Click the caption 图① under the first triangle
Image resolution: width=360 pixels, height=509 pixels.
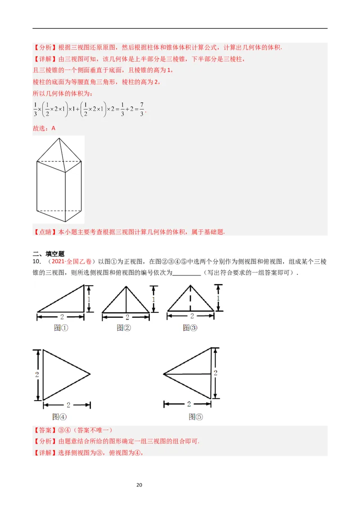pos(61,328)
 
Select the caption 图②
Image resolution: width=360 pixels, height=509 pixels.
pos(123,328)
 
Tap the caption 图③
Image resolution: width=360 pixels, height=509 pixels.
pos(189,328)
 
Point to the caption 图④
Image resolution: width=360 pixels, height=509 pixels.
pos(59,416)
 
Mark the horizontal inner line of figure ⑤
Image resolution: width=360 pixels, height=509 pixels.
pos(187,374)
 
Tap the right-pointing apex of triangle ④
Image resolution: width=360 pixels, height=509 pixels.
pos(90,374)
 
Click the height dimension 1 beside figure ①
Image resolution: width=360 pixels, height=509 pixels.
pos(89,299)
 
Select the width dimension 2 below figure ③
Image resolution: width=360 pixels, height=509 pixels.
pos(192,317)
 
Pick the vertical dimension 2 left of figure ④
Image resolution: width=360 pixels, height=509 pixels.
pos(36,374)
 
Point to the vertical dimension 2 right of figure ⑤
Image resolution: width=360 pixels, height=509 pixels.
pos(216,373)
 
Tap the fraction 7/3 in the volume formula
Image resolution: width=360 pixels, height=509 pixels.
pos(141,109)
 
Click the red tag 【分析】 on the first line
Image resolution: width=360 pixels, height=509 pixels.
pos(42,47)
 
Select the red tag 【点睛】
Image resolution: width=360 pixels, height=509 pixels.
pos(42,232)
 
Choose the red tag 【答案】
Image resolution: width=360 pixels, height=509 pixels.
pos(42,430)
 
